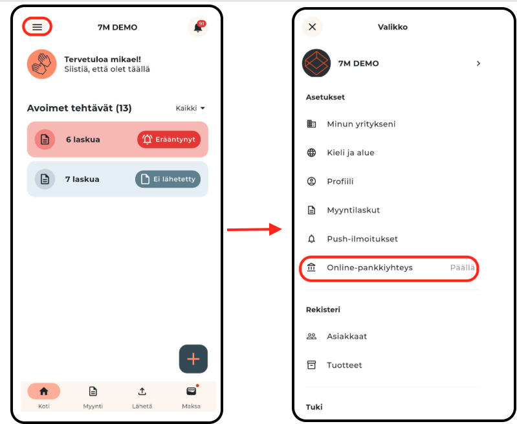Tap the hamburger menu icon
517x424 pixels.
[38, 27]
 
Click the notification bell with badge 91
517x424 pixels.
[198, 27]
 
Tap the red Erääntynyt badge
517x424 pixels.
[169, 139]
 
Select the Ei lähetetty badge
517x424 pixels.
[168, 179]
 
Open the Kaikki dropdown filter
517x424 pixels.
[190, 108]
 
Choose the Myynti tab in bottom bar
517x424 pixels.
[93, 397]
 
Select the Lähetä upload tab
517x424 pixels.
[142, 397]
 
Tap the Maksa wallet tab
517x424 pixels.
[192, 397]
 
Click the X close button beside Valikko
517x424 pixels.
[312, 27]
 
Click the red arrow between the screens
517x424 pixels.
[254, 229]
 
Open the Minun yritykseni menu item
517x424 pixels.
[361, 124]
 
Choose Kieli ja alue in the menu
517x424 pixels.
[351, 153]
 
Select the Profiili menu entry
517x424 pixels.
[340, 181]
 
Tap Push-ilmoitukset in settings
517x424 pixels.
[362, 239]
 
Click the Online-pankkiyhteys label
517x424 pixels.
[369, 267]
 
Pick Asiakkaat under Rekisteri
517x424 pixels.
[347, 336]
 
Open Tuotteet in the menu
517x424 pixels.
[344, 365]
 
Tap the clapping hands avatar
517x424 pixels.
[42, 64]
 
